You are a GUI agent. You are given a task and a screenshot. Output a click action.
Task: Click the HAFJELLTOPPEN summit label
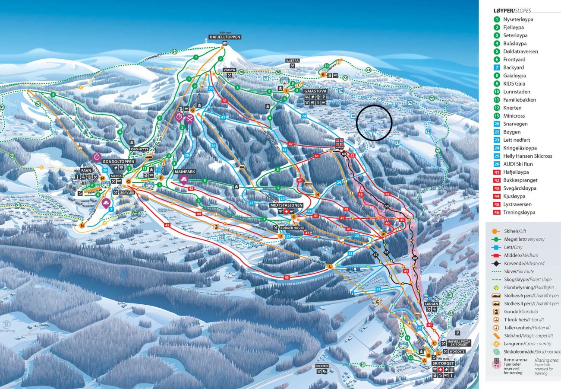click(224, 37)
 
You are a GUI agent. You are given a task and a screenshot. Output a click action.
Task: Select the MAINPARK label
click(185, 172)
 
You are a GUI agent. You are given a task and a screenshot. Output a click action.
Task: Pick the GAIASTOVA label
click(315, 91)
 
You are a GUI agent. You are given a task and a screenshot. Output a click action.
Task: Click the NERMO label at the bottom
click(322, 366)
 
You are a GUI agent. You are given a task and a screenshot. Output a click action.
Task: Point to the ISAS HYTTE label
click(139, 149)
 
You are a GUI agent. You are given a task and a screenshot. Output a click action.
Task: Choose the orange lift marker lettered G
click(193, 110)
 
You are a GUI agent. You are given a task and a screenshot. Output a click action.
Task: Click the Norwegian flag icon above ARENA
click(339, 142)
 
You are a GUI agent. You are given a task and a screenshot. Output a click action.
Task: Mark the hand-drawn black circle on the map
click(374, 123)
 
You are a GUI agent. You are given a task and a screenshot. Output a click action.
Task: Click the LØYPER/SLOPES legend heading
click(512, 11)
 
